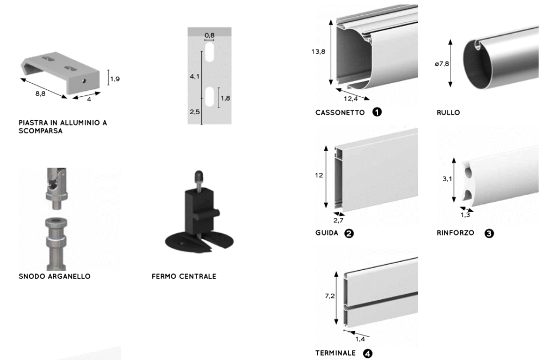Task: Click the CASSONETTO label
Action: point(341,113)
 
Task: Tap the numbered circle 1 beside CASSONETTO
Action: point(376,112)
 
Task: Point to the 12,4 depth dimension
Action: point(351,99)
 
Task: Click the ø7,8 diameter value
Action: point(442,64)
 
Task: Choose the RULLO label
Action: point(448,113)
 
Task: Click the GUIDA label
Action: point(326,233)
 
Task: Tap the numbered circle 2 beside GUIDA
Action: point(349,233)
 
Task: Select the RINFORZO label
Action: point(455,233)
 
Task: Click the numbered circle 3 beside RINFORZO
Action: point(489,233)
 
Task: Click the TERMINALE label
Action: point(336,353)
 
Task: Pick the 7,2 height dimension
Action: point(330,296)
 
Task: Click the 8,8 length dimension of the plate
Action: point(40,94)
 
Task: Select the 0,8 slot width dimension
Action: point(209,36)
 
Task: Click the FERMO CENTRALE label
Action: point(184,276)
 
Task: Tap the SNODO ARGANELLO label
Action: point(54,276)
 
